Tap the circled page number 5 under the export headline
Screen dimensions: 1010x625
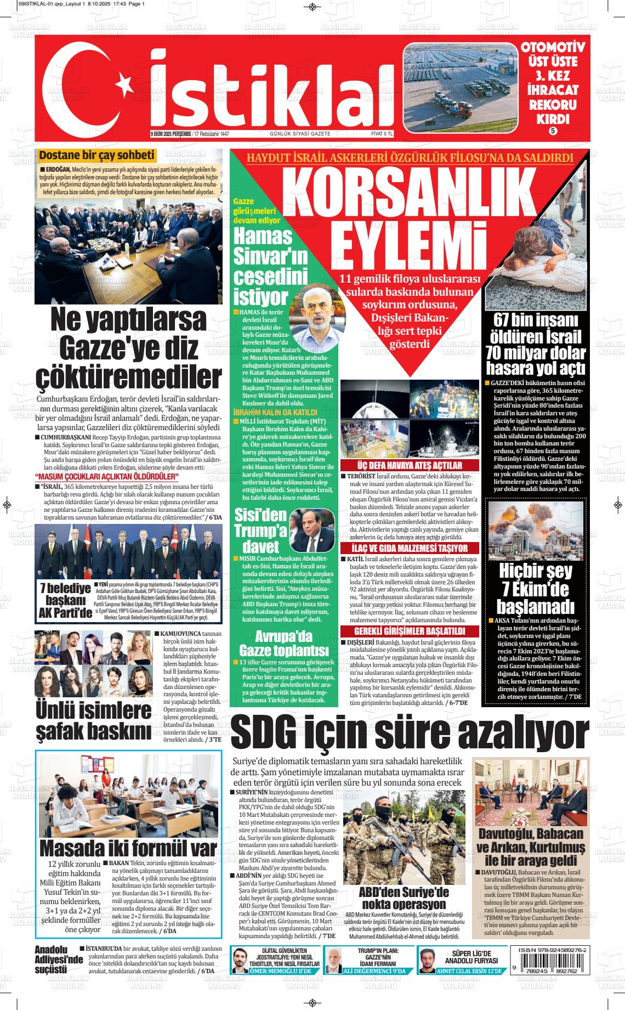click(553, 131)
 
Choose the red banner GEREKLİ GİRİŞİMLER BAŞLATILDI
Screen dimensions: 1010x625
click(410, 631)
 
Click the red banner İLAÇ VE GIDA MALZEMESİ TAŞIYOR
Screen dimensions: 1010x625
click(410, 549)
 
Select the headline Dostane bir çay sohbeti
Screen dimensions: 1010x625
click(97, 156)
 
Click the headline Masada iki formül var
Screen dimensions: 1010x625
click(128, 848)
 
